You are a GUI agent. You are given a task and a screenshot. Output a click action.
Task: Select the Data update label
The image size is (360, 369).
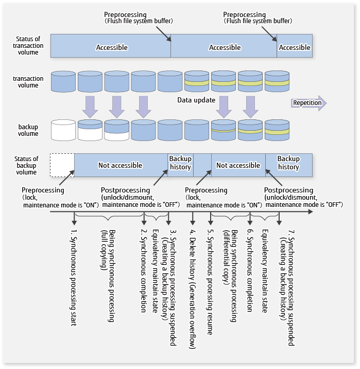coord(196,100)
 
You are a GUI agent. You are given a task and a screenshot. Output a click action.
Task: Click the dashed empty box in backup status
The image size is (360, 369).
coord(62,165)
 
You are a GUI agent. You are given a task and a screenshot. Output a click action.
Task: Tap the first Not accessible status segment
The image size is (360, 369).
coord(121,165)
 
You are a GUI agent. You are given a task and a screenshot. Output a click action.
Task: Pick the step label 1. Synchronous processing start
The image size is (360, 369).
coord(74,278)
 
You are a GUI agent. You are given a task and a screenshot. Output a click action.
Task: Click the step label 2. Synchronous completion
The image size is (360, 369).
coord(144,270)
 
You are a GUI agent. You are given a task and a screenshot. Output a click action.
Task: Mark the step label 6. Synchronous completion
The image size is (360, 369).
coord(249,270)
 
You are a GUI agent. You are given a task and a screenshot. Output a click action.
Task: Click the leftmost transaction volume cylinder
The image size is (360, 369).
coord(63,82)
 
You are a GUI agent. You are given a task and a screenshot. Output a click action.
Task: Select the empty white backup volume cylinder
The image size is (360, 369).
coord(63,130)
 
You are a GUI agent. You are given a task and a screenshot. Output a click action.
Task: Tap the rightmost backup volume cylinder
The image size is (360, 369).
coord(277,130)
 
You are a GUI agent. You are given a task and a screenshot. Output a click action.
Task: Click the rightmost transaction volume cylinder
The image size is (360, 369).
coord(277,82)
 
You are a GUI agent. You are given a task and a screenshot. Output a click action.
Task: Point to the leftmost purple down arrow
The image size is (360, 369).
coord(90,106)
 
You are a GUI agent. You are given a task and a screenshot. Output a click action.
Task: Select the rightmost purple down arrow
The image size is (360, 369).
coord(251,106)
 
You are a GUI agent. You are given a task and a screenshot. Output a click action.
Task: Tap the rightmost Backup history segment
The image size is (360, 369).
coord(288,163)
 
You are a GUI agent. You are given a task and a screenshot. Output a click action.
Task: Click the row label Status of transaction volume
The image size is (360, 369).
coord(28,46)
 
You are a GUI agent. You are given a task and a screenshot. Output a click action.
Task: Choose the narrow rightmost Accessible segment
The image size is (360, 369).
coord(295,47)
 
